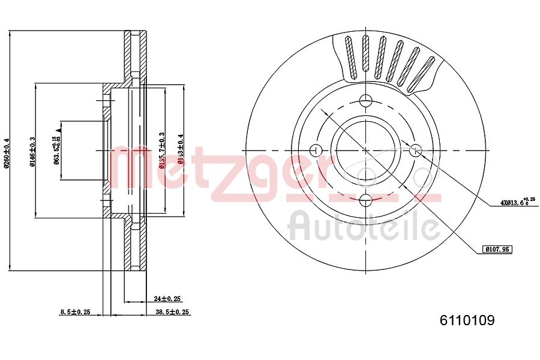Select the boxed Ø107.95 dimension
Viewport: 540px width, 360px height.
click(497, 248)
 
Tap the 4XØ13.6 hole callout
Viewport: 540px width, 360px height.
click(517, 202)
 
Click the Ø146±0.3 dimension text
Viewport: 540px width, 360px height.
click(32, 150)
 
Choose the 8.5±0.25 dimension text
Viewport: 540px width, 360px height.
click(75, 312)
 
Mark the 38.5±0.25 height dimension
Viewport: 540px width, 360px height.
click(173, 312)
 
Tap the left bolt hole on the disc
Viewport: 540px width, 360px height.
click(315, 150)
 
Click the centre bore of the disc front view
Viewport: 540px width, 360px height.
click(366, 150)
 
